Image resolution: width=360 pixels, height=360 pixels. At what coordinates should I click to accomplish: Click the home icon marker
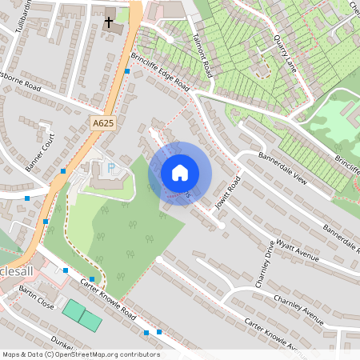tap(179, 173)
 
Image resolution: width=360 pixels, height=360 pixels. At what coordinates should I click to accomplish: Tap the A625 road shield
tap(102, 123)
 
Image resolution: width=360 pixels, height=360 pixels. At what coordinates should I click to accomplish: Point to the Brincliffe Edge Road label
tap(159, 73)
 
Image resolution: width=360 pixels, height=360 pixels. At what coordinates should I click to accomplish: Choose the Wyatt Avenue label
tap(298, 248)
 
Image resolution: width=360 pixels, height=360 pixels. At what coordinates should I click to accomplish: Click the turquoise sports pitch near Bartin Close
tap(82, 314)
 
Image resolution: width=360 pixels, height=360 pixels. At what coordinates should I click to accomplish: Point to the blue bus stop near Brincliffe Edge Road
tap(127, 72)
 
